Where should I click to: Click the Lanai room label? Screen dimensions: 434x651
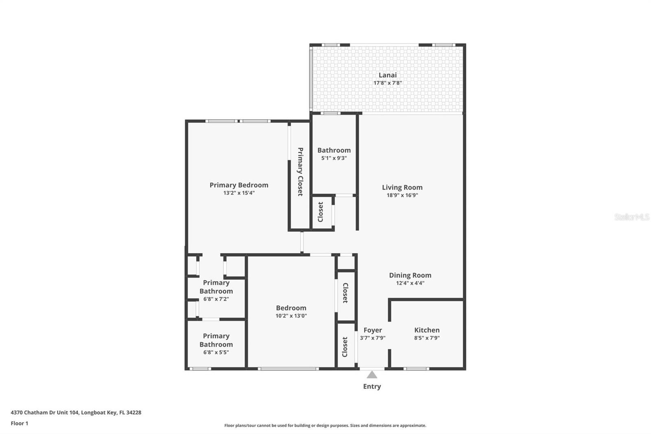387,75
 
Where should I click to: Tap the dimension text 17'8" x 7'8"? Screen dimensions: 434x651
387,83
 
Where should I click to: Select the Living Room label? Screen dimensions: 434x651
402,187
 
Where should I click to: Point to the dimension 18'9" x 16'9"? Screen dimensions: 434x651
402,195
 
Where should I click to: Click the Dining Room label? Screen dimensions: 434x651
410,275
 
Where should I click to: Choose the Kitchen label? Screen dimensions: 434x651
427,330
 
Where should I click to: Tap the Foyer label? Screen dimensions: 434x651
372,330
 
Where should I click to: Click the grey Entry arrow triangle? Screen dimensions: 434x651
372,375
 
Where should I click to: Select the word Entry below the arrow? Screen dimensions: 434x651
372,386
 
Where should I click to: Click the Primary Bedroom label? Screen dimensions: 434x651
239,185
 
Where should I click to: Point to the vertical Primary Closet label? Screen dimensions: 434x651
300,171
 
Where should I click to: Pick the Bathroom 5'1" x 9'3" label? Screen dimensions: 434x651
334,150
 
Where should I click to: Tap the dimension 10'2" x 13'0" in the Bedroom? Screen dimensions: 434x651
291,316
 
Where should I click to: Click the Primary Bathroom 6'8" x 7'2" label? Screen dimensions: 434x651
216,287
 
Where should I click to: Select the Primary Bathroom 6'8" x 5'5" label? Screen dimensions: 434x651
216,340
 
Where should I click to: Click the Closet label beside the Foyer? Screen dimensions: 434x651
345,346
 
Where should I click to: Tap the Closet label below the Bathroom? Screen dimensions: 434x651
320,212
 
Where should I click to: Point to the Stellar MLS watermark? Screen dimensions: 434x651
631,217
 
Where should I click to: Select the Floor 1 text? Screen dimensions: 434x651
19,423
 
